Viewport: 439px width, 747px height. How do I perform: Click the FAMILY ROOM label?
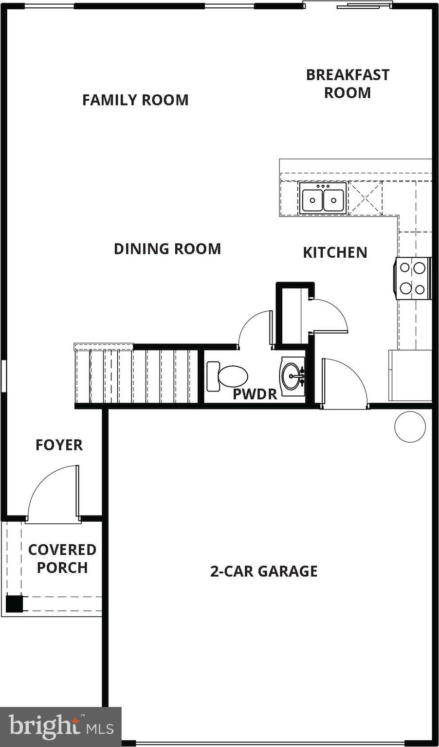(135, 100)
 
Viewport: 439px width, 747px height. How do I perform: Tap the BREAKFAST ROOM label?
(348, 84)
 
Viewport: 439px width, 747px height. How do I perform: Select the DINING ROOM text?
(167, 249)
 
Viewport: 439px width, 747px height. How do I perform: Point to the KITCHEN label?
(335, 252)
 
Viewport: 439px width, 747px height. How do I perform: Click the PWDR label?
(255, 394)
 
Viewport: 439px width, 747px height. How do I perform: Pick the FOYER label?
(59, 445)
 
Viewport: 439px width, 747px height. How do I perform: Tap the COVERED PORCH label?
(62, 558)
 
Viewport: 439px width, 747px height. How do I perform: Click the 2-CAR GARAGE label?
(264, 571)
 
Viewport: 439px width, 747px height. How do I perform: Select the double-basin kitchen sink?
(323, 198)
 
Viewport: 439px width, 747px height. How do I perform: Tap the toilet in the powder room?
(228, 376)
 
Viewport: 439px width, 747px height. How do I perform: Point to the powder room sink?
(293, 376)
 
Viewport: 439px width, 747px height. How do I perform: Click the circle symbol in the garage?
(410, 427)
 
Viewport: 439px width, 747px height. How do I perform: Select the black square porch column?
(14, 604)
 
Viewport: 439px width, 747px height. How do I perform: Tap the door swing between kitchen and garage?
(343, 382)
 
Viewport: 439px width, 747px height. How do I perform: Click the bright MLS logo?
(60, 727)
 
